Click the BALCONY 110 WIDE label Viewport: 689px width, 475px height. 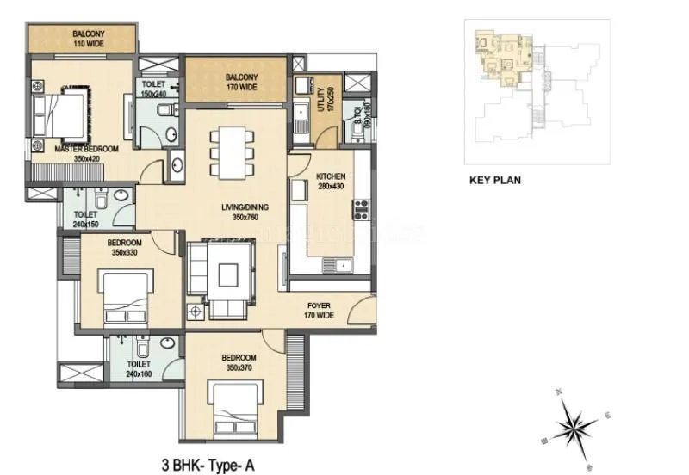(89, 37)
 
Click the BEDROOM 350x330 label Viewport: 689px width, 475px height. (126, 249)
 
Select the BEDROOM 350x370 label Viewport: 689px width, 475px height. (237, 362)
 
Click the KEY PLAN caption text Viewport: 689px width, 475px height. (494, 182)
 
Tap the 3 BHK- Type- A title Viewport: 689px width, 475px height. (208, 462)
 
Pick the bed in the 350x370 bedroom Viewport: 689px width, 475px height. (235, 408)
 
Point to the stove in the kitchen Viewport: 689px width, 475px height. (361, 209)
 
